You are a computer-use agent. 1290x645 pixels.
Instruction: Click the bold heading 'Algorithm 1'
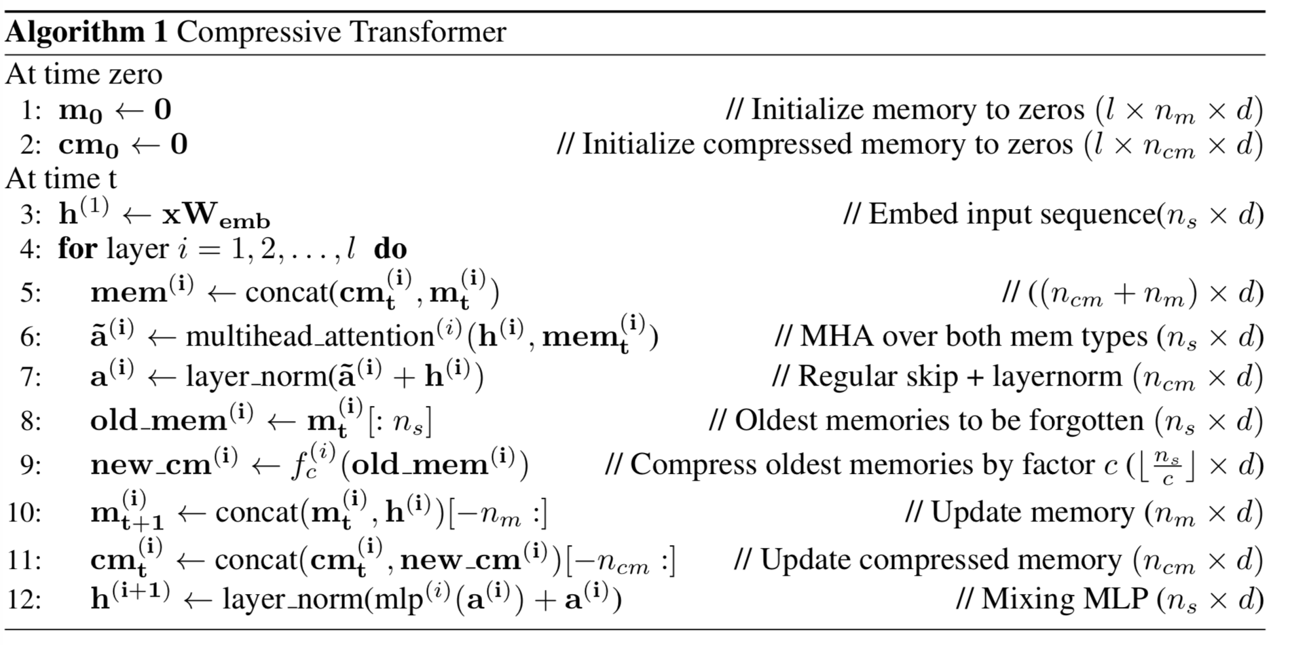click(x=86, y=32)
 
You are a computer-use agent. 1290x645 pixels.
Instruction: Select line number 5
click(x=30, y=293)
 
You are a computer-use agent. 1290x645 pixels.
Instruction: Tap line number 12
click(x=24, y=600)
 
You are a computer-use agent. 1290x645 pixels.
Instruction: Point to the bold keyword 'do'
click(x=390, y=248)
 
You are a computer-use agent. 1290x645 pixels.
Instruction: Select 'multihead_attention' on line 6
click(x=309, y=337)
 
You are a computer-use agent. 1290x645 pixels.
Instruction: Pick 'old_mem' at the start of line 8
click(x=158, y=421)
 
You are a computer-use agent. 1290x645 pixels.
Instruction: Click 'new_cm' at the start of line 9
click(x=151, y=465)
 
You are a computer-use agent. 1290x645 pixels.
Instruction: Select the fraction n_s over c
click(x=1167, y=466)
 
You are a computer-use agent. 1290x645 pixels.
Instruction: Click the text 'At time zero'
click(x=84, y=75)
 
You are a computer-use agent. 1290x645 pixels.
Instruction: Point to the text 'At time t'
click(x=61, y=179)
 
